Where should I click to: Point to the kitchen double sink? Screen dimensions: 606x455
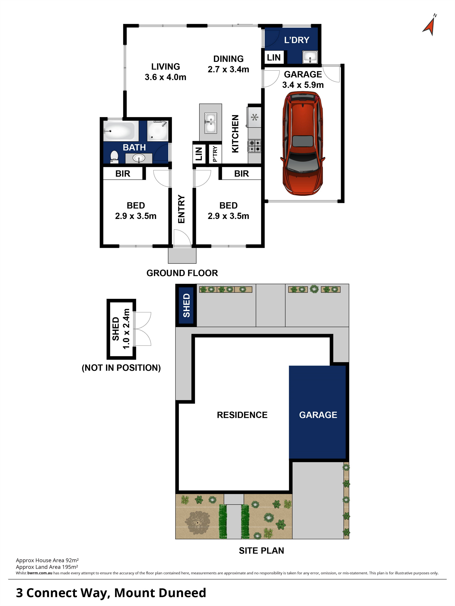(210, 123)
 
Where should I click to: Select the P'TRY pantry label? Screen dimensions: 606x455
(215, 154)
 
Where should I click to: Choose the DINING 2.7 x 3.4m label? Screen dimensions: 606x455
(228, 64)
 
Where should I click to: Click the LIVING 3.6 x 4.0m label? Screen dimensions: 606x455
(165, 72)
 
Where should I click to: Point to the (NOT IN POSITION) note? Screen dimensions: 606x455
(121, 368)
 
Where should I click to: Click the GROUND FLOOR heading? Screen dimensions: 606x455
(182, 273)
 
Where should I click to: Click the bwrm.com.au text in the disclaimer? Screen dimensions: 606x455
(40, 573)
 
